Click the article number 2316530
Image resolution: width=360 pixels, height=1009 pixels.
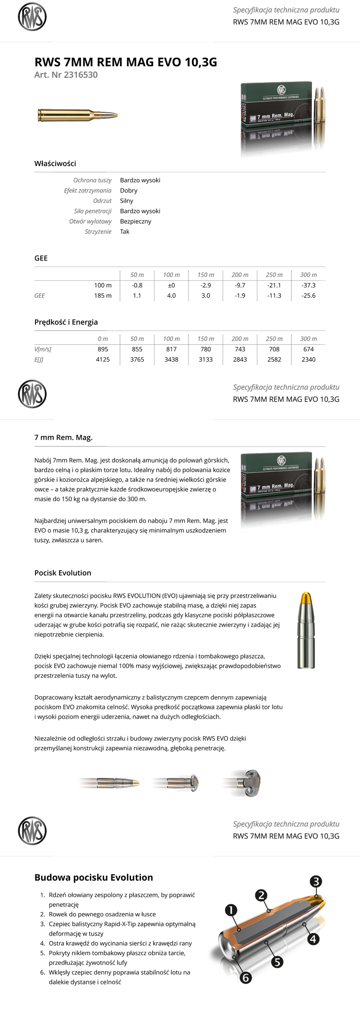pyautogui.click(x=81, y=75)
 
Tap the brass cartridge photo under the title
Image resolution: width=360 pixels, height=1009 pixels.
pyautogui.click(x=77, y=115)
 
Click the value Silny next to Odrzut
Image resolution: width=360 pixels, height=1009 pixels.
pyautogui.click(x=127, y=201)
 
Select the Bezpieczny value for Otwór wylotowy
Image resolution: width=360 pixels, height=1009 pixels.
pyautogui.click(x=135, y=221)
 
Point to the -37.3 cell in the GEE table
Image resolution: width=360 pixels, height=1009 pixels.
pyautogui.click(x=308, y=285)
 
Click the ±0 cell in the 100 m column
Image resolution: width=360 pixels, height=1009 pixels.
pyautogui.click(x=171, y=285)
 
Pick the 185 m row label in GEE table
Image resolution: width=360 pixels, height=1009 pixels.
pyautogui.click(x=103, y=296)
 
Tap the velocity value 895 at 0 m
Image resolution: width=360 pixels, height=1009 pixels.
pyautogui.click(x=103, y=349)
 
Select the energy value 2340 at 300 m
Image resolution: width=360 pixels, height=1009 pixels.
pyautogui.click(x=308, y=360)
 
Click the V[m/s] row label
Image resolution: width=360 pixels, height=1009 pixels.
pyautogui.click(x=43, y=349)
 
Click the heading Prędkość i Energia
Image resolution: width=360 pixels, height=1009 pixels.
pyautogui.click(x=66, y=322)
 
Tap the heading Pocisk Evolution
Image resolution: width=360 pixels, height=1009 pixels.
pyautogui.click(x=62, y=573)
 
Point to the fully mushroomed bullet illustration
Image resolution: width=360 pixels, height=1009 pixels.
pyautogui.click(x=249, y=782)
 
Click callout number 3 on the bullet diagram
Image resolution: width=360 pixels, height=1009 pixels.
pyautogui.click(x=315, y=881)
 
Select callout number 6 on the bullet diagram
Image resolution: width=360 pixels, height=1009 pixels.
pyautogui.click(x=245, y=978)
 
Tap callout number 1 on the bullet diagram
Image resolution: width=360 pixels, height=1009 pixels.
pyautogui.click(x=231, y=910)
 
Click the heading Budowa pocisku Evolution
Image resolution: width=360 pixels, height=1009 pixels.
pyautogui.click(x=94, y=877)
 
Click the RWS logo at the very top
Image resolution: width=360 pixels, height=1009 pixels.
pyautogui.click(x=32, y=17)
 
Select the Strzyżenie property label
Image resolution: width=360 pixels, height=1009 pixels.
pyautogui.click(x=98, y=232)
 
